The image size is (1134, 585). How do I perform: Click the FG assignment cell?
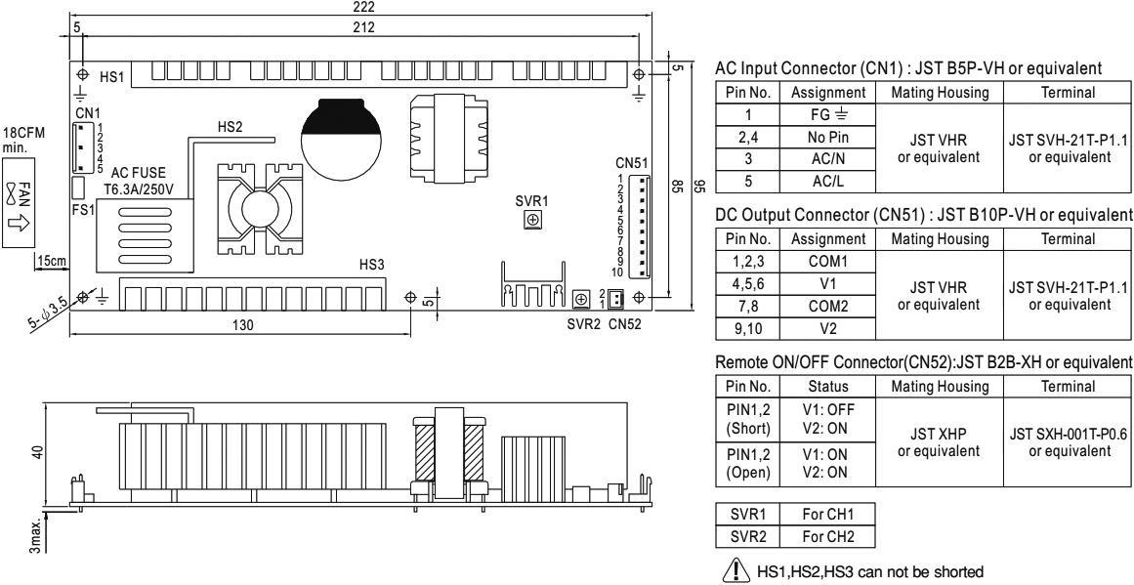(829, 114)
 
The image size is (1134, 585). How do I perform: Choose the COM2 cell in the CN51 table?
(829, 306)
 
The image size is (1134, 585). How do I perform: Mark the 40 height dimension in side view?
(37, 452)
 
